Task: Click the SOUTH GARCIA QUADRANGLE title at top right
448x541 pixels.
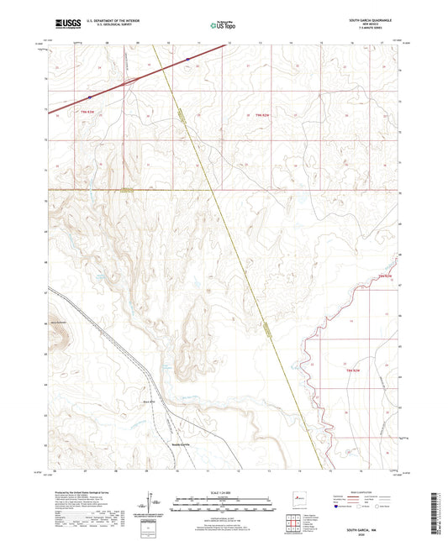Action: (x=369, y=20)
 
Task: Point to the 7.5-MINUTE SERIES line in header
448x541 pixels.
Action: (x=369, y=29)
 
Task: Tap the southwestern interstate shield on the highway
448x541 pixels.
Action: (x=89, y=97)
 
